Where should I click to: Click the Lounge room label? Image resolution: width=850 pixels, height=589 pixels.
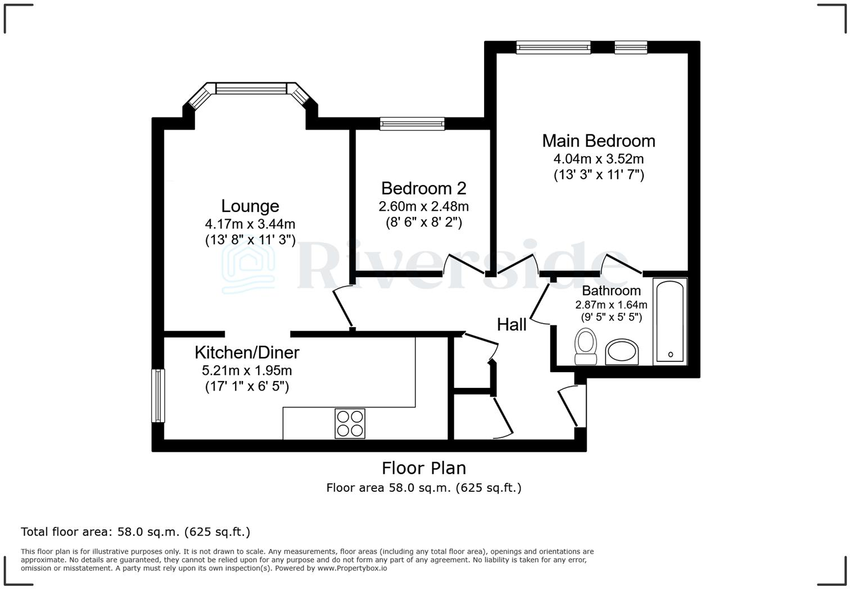coord(250,206)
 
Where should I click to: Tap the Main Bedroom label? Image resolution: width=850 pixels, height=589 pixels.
coord(598,141)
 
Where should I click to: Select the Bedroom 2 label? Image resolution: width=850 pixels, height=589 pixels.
coord(423,188)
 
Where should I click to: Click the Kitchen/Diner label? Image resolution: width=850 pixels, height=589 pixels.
coord(247,352)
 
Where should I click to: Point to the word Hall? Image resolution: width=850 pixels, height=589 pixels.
coord(512,324)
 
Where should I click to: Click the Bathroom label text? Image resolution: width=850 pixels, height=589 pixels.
coord(611,291)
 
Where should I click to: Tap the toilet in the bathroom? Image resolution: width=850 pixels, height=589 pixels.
coord(586,347)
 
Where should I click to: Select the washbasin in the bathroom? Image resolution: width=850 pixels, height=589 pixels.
coord(622,352)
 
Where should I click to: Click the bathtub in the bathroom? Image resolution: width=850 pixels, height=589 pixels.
coord(670,320)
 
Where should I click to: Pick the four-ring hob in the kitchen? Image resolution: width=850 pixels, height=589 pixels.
coord(350,423)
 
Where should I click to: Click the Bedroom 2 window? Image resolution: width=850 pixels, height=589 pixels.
coord(412,124)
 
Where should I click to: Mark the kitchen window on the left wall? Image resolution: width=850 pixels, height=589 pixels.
coord(158,395)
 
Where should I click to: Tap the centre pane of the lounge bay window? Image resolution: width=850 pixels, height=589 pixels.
coord(251,88)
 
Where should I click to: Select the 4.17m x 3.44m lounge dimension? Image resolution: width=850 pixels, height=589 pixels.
coord(250,224)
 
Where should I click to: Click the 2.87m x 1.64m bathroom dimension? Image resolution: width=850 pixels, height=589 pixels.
coord(611,305)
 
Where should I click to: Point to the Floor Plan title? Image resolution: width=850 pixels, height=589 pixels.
coord(423,468)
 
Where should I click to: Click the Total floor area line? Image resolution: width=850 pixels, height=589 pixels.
coord(135,532)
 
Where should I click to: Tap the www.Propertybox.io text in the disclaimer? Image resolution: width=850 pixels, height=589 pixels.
coord(352,568)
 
